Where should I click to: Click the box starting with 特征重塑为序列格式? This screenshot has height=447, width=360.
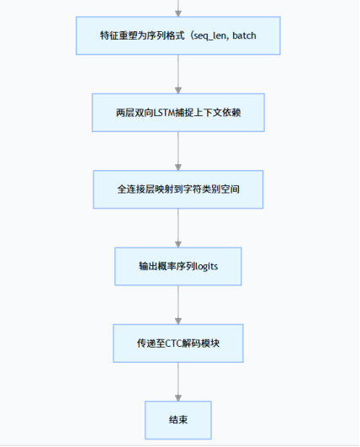[177, 36]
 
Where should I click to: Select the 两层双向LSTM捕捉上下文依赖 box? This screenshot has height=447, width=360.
[177, 113]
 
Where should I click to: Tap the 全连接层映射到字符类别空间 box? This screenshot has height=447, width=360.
[177, 189]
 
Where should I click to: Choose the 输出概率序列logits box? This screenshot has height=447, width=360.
[177, 266]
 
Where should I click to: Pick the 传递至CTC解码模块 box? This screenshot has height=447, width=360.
[177, 343]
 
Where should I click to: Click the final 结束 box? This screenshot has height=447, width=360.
[177, 419]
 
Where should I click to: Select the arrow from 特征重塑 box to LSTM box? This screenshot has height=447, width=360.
[178, 74]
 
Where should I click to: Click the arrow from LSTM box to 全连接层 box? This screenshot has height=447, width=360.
[178, 151]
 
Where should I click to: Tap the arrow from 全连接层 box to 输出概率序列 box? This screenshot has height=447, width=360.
[178, 227]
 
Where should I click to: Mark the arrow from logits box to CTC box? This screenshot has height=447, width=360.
[178, 304]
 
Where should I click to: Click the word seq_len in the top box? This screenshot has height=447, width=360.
[218, 36]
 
